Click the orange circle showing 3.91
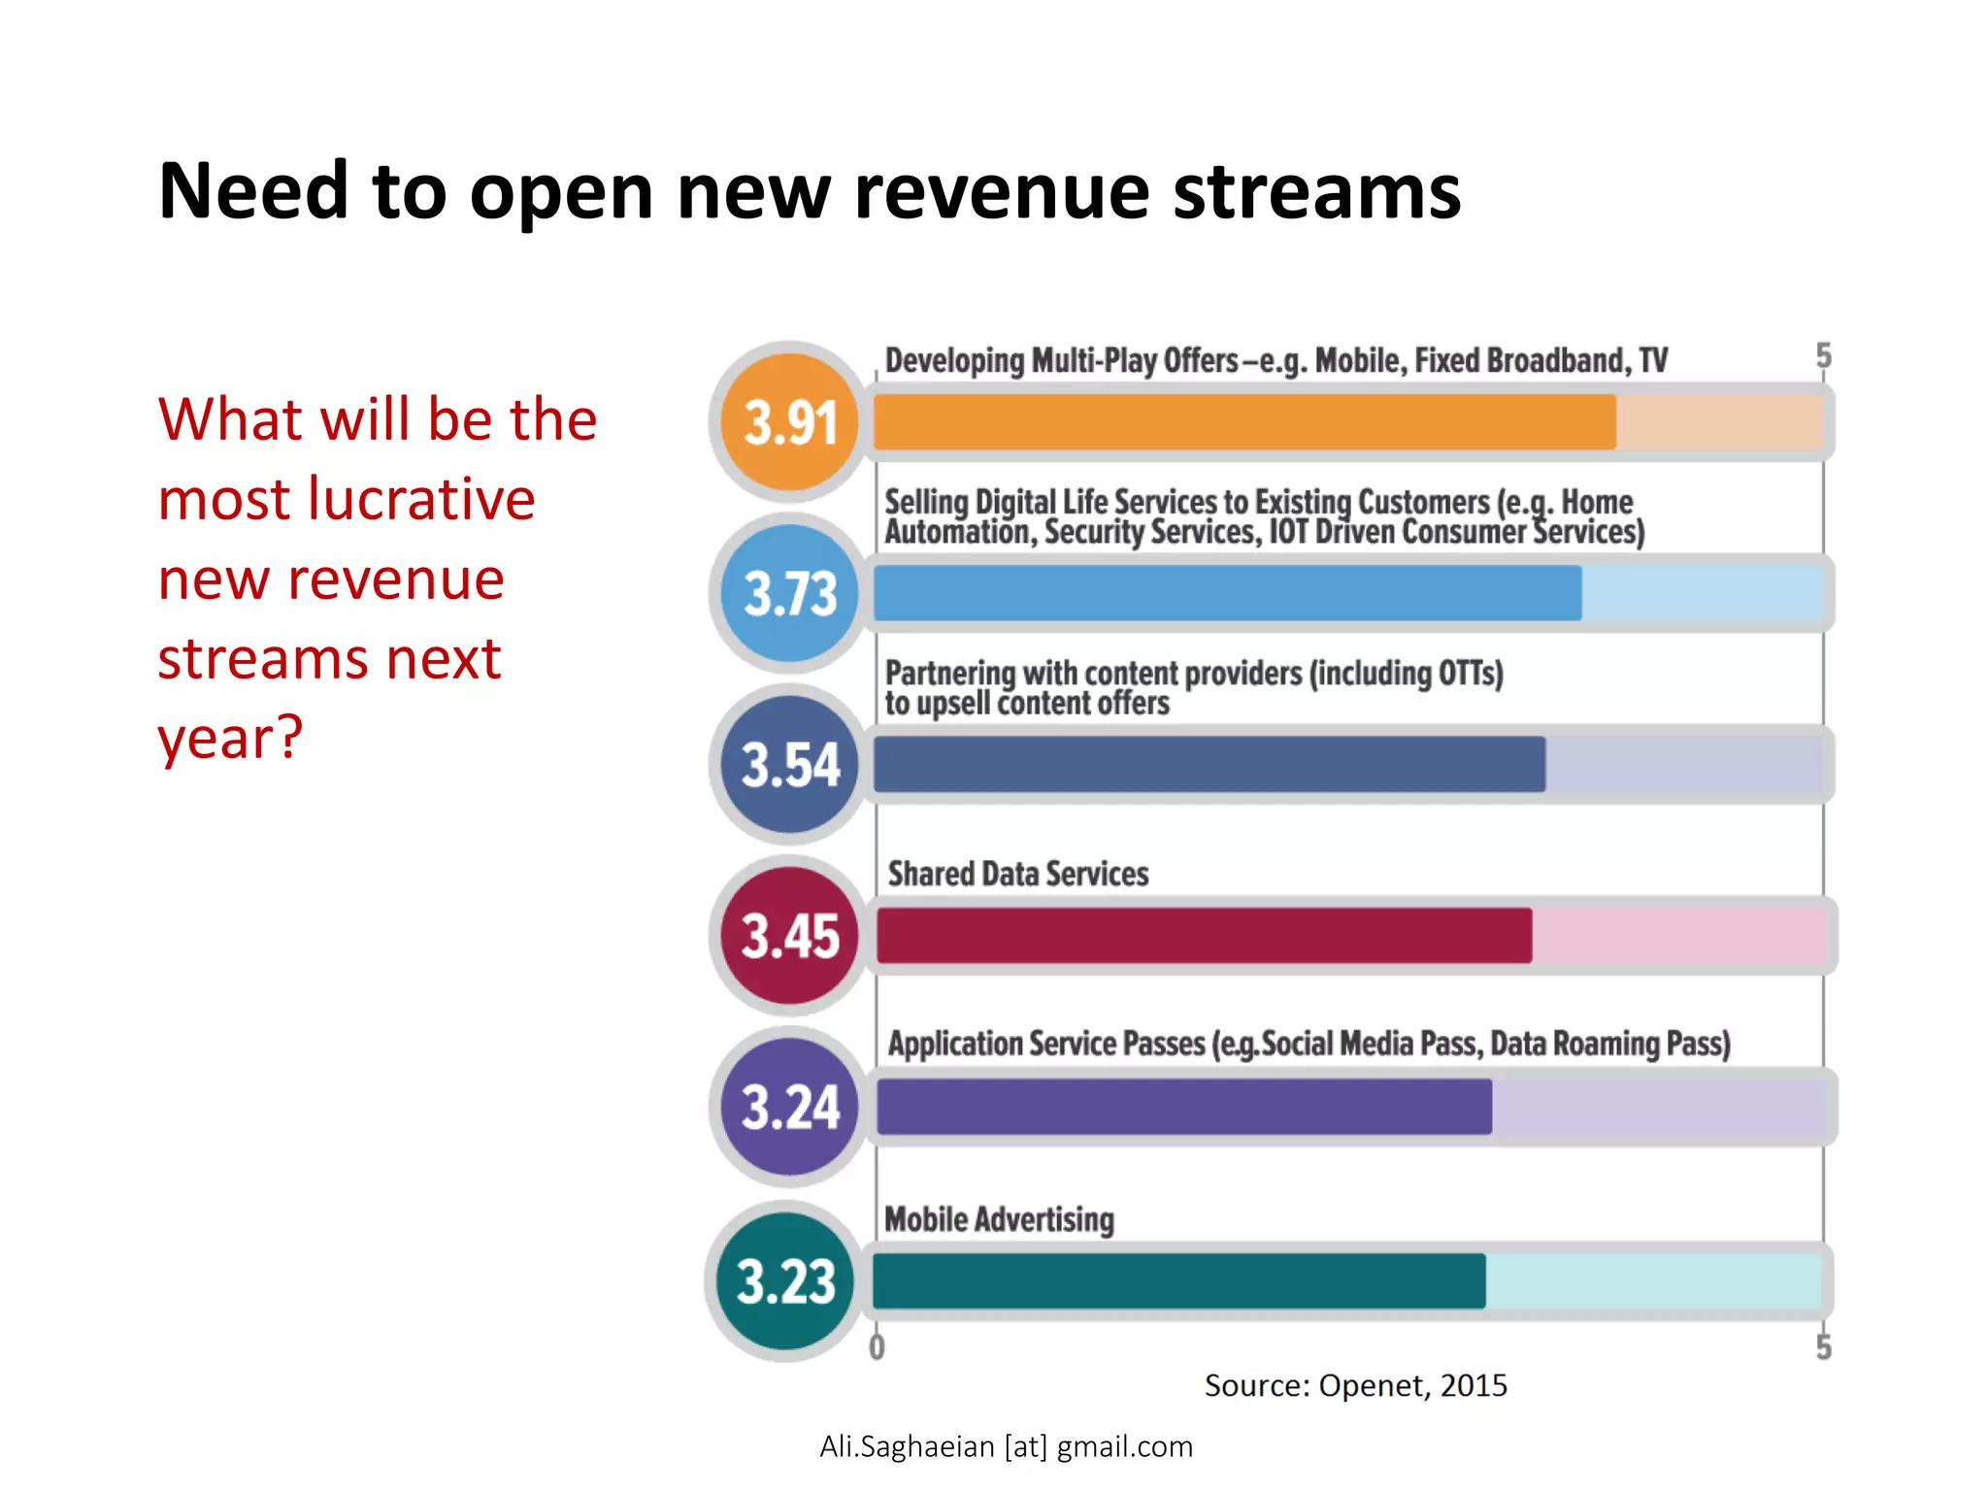pos(790,422)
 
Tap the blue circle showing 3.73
pos(790,593)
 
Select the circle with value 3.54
pos(790,764)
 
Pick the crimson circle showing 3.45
pos(790,936)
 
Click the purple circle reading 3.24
pos(790,1107)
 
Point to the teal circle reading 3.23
pos(786,1280)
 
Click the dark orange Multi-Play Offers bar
pos(1244,422)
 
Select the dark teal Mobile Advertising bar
pos(1178,1280)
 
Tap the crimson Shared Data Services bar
pos(1204,936)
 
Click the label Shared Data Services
pos(1017,874)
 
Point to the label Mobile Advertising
pos(999,1219)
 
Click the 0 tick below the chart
pos(877,1347)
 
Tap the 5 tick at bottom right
pos(1823,1347)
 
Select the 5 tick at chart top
pos(1823,355)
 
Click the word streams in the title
pos(1316,191)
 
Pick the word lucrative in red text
pos(421,500)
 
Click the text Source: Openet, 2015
pos(1355,1385)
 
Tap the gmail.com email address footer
pos(1006,1446)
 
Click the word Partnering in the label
pos(949,673)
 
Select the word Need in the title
pos(253,191)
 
